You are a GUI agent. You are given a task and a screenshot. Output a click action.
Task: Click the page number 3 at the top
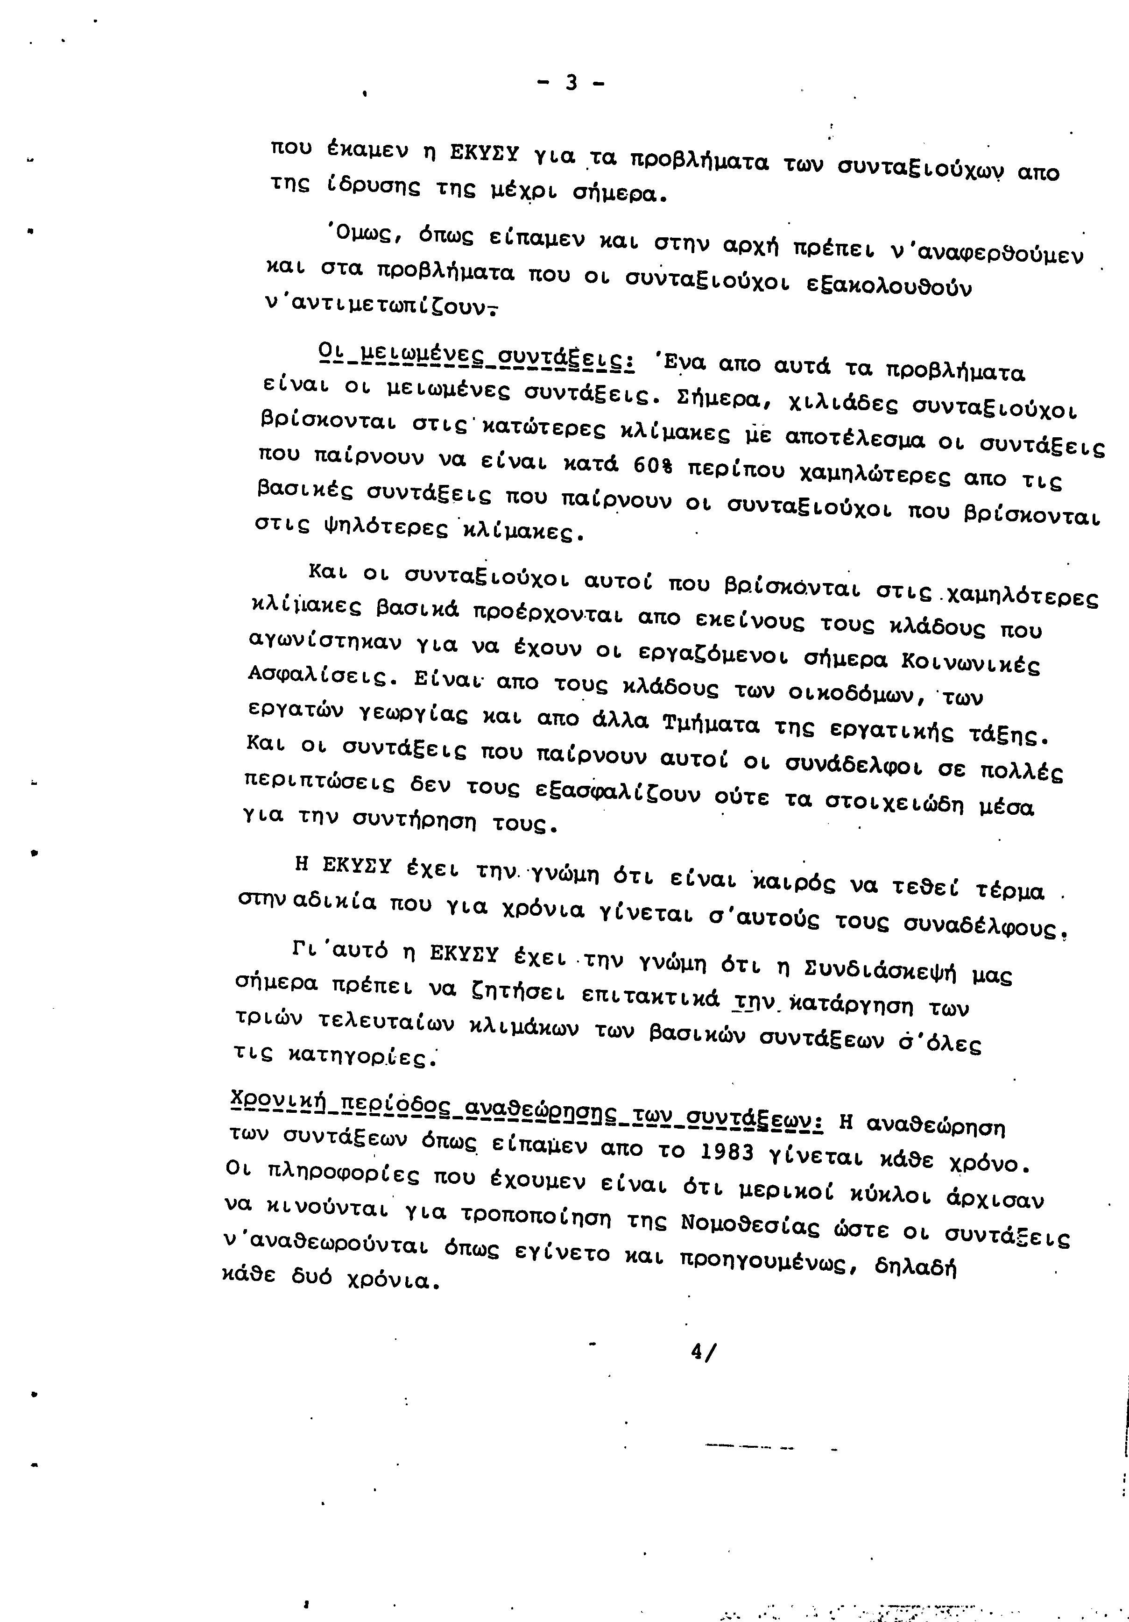(571, 83)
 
